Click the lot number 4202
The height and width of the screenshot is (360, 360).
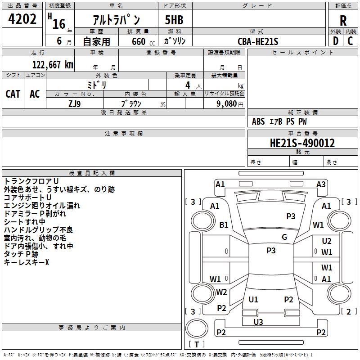[22, 19]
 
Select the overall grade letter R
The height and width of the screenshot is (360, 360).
[343, 21]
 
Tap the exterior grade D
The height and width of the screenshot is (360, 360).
[336, 41]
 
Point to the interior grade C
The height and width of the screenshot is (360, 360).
[350, 41]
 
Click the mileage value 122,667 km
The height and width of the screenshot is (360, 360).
[53, 65]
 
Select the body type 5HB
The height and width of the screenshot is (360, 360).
[174, 20]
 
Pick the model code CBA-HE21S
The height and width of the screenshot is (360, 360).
[258, 41]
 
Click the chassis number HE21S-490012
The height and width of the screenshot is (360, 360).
[302, 143]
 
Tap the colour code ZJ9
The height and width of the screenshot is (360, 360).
[75, 104]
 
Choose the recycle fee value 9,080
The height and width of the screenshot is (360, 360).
[227, 104]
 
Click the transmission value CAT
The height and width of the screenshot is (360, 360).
[13, 94]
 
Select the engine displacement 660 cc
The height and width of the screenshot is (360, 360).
[143, 42]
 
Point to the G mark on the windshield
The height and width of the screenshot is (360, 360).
[284, 237]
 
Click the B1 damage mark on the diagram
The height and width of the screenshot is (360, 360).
[224, 225]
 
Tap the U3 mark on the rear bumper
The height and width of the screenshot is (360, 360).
[258, 322]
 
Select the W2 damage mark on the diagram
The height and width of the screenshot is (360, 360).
[221, 292]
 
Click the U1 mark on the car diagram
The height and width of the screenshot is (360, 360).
[253, 299]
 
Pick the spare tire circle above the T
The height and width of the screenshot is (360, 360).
[197, 328]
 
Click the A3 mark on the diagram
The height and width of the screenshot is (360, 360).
[321, 184]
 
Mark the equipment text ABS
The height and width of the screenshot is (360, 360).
[258, 121]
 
